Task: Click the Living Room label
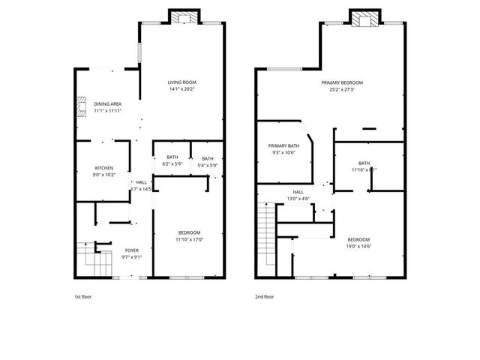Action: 182,82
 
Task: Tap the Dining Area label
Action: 108,103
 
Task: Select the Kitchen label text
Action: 103,167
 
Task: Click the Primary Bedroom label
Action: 342,82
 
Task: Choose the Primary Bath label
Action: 283,145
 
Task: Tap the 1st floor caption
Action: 83,296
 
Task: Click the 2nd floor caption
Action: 264,296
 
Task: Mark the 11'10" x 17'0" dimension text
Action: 189,239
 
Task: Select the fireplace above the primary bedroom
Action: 365,19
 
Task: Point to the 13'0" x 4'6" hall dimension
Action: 298,199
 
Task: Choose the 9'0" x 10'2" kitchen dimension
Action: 103,174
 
